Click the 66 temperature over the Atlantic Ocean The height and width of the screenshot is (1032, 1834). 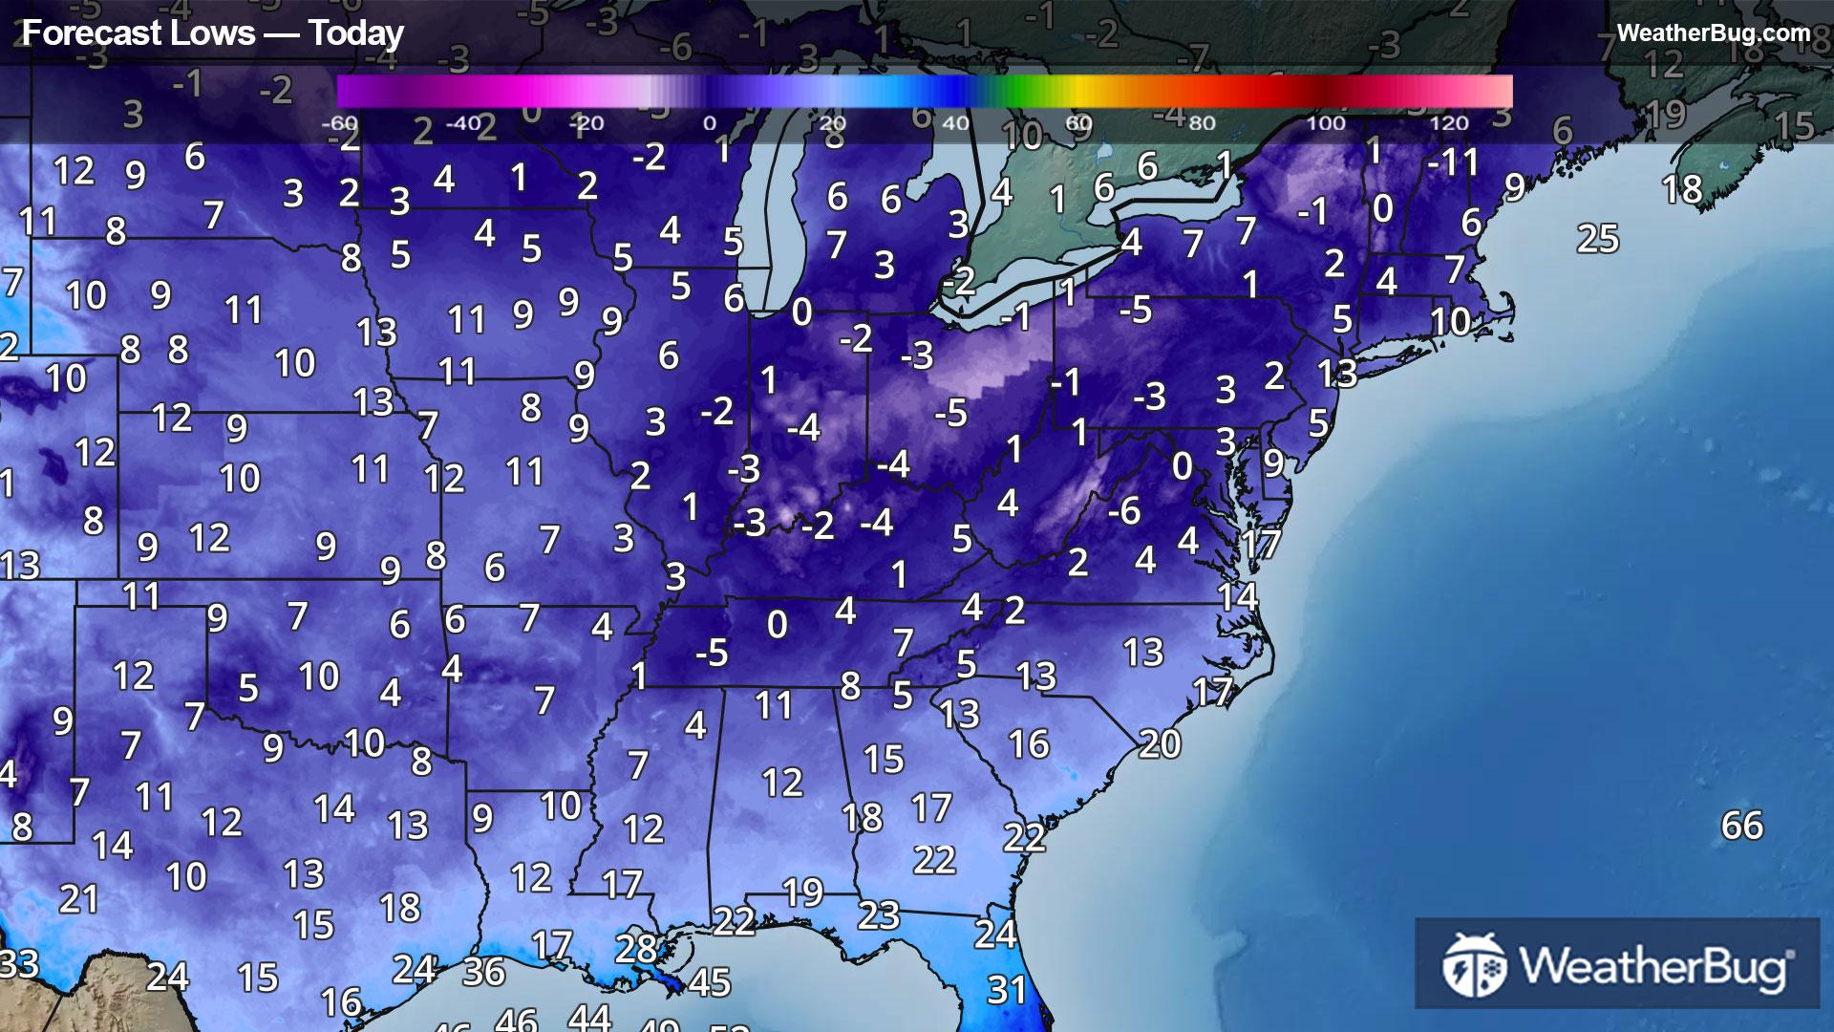[1741, 826]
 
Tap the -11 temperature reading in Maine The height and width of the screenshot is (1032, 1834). [1453, 162]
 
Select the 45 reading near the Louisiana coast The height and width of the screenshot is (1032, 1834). [709, 982]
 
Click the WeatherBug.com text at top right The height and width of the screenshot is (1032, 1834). [1713, 33]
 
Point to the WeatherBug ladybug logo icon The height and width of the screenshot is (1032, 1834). [1474, 965]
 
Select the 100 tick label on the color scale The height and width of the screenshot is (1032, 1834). [1325, 123]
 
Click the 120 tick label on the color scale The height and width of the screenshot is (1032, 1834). [1448, 123]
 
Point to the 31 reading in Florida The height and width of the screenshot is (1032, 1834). [1006, 990]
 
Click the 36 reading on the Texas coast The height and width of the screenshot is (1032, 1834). [483, 972]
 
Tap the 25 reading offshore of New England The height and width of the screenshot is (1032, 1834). [1597, 239]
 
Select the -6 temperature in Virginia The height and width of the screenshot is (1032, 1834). [1123, 510]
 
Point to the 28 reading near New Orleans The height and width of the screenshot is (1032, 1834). [636, 949]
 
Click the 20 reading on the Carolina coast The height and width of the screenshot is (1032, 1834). [1159, 743]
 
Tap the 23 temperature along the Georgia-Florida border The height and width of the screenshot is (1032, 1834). [878, 915]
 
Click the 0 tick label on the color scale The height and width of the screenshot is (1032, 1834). [709, 123]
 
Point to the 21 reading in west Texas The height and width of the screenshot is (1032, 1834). [78, 899]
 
